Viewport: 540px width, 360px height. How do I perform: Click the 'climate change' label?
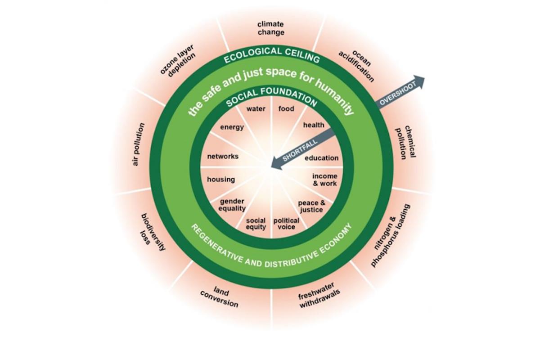coord(271,28)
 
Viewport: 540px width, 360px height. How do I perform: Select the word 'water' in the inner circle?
coord(256,109)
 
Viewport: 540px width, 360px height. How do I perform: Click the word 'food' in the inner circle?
coord(286,109)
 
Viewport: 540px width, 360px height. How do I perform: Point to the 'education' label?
coord(321,158)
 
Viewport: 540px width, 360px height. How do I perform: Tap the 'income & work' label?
coord(324,180)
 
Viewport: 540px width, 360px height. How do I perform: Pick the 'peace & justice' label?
coord(310,207)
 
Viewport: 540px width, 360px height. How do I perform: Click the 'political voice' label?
coord(286,224)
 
